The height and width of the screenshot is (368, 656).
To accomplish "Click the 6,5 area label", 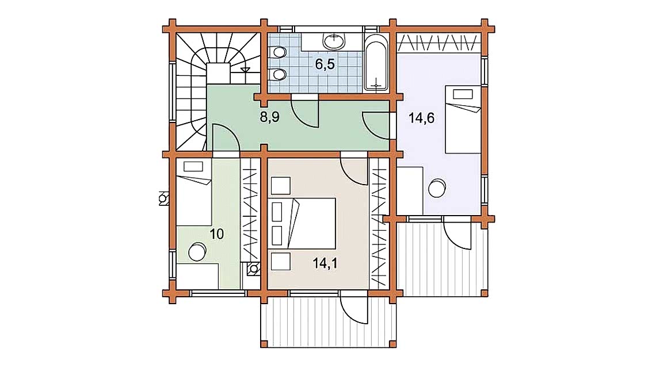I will click(x=325, y=64).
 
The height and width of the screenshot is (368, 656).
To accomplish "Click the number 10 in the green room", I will click(x=216, y=234).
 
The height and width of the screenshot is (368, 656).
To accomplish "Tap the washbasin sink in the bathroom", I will click(x=333, y=41).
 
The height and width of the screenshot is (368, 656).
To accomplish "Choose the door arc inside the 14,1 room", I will click(x=353, y=171).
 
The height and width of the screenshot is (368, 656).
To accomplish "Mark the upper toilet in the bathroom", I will click(x=280, y=52).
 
